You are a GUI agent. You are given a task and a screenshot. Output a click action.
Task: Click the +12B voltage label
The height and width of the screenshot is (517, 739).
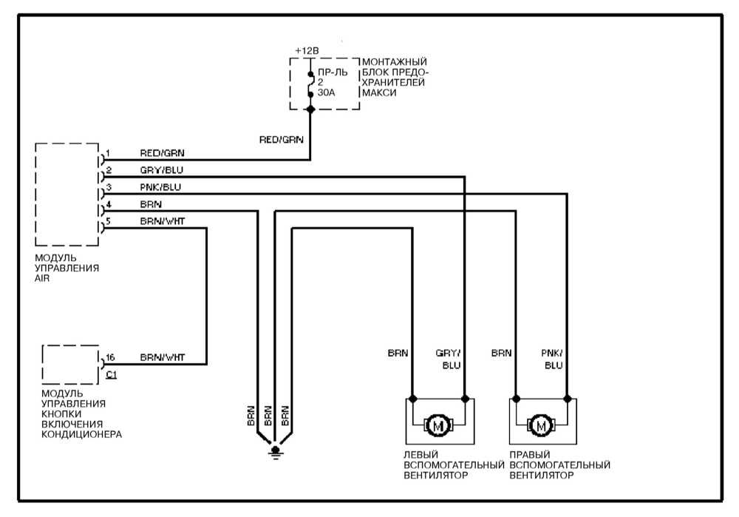coord(306,50)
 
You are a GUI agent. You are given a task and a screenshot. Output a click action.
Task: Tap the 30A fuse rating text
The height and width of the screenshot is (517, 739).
coord(326,94)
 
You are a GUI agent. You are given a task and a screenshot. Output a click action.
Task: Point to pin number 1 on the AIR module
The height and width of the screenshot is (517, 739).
coord(108,154)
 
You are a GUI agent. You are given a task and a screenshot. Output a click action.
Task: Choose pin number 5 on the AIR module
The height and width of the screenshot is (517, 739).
coord(108,221)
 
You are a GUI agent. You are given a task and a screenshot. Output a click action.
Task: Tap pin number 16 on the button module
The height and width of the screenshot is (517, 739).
coord(111,358)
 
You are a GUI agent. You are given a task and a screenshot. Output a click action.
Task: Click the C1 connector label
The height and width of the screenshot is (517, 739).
coord(112,375)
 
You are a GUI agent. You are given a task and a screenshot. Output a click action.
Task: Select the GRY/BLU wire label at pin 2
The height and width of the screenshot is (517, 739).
coord(162,171)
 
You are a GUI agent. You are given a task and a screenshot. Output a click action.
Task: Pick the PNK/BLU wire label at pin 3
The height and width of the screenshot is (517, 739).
coord(160,188)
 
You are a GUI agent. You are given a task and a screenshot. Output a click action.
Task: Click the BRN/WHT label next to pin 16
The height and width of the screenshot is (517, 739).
coord(163,358)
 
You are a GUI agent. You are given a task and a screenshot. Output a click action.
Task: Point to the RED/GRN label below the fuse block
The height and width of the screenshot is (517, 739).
coord(282,138)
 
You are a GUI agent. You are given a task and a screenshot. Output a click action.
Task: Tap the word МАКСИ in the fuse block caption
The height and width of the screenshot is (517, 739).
coord(377,94)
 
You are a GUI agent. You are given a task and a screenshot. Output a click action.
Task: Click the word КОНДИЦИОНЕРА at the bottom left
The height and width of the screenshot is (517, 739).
coord(82,434)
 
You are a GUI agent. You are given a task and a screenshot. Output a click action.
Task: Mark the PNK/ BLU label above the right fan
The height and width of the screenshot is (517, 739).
coord(553,359)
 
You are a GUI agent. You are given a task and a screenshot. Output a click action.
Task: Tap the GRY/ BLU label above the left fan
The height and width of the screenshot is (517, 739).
coord(451,359)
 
